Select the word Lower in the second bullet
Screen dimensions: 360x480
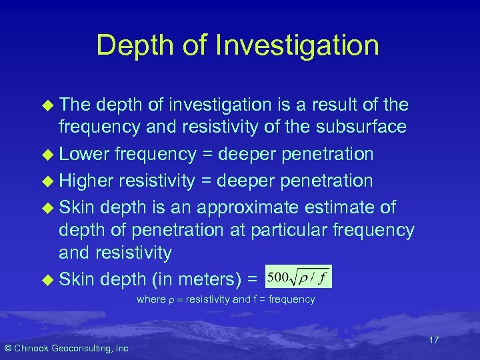pyautogui.click(x=84, y=155)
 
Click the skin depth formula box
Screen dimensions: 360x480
pyautogui.click(x=297, y=275)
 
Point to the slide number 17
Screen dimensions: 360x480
pyautogui.click(x=433, y=340)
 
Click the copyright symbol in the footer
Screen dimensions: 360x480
pyautogui.click(x=7, y=348)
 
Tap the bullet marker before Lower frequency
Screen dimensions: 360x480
pyautogui.click(x=47, y=155)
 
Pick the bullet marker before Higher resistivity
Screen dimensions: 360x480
pyautogui.click(x=47, y=181)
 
